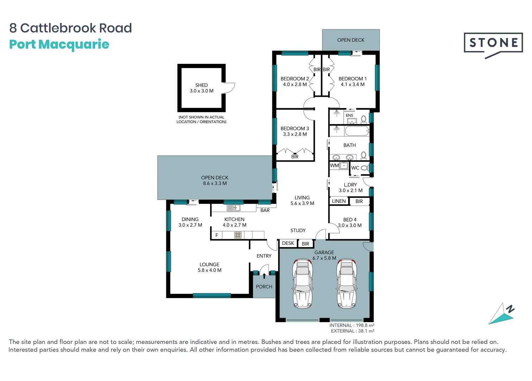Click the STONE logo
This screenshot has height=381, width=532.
click(x=493, y=44)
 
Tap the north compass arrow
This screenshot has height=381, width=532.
click(x=502, y=314)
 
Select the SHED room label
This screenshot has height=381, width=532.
click(x=201, y=85)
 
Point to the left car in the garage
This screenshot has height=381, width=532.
click(x=302, y=283)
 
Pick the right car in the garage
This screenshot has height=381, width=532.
click(x=346, y=283)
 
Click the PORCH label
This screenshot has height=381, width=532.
click(x=264, y=287)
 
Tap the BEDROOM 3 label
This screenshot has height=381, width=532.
click(x=295, y=128)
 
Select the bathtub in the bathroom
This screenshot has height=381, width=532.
click(x=356, y=131)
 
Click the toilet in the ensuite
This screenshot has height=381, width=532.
click(x=364, y=119)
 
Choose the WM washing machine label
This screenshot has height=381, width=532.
click(x=334, y=165)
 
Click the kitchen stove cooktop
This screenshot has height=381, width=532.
click(x=238, y=235)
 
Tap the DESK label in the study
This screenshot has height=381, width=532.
click(x=288, y=243)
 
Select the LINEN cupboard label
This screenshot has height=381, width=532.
click(x=339, y=201)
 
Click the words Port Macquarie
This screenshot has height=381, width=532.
click(x=59, y=44)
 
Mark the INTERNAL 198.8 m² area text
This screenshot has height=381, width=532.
click(x=352, y=325)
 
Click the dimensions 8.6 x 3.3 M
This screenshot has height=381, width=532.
click(x=215, y=183)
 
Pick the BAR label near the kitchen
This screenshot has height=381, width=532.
click(x=265, y=210)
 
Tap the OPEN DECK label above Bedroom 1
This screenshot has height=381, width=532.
click(x=351, y=40)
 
